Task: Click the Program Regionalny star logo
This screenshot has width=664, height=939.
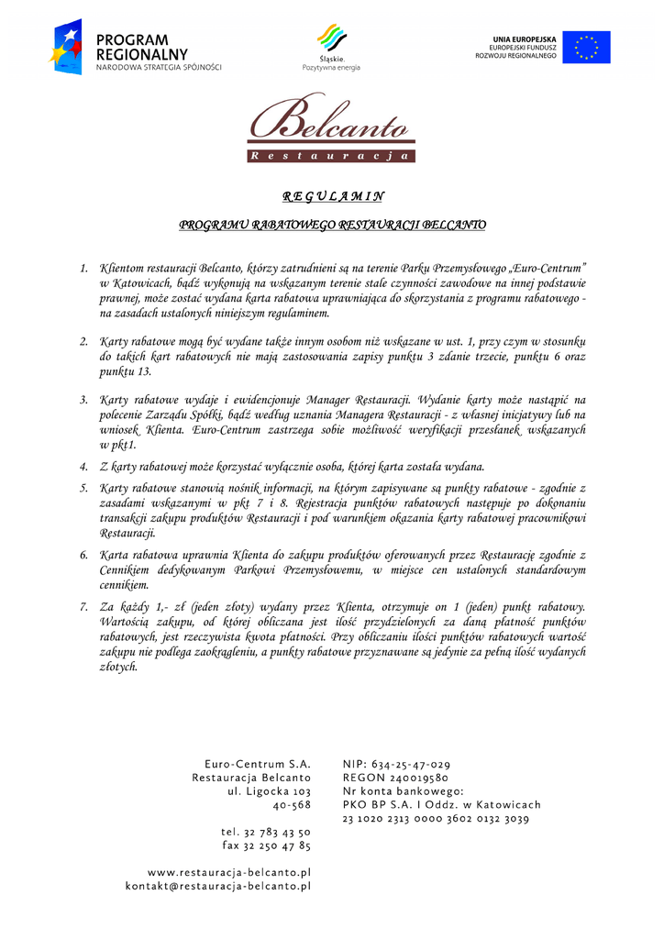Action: (x=66, y=47)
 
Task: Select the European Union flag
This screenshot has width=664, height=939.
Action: (x=586, y=47)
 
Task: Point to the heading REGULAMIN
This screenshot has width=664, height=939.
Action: (x=332, y=196)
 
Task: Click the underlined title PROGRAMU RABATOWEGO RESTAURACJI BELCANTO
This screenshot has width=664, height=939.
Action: (x=332, y=225)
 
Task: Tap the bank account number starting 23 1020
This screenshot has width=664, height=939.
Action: (x=436, y=819)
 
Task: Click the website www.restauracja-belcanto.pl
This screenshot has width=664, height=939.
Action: (x=229, y=872)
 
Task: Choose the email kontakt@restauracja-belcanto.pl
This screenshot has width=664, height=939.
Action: (x=218, y=886)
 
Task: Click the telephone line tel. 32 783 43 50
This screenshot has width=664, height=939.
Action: (x=266, y=832)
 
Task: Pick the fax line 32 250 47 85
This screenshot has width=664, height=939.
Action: (x=266, y=845)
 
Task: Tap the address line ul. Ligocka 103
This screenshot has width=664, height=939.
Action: (x=270, y=791)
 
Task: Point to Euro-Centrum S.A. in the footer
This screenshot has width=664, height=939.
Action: (x=258, y=764)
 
